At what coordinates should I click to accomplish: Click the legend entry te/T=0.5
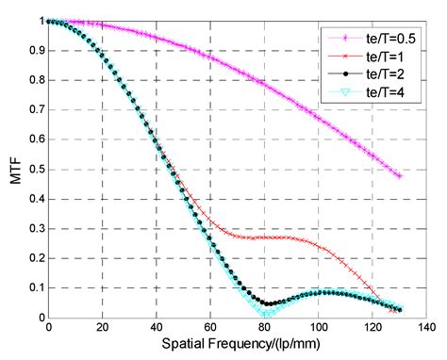(x=382, y=39)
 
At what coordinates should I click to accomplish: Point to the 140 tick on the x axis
(x=426, y=329)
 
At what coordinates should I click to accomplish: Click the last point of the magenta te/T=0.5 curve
(x=399, y=176)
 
